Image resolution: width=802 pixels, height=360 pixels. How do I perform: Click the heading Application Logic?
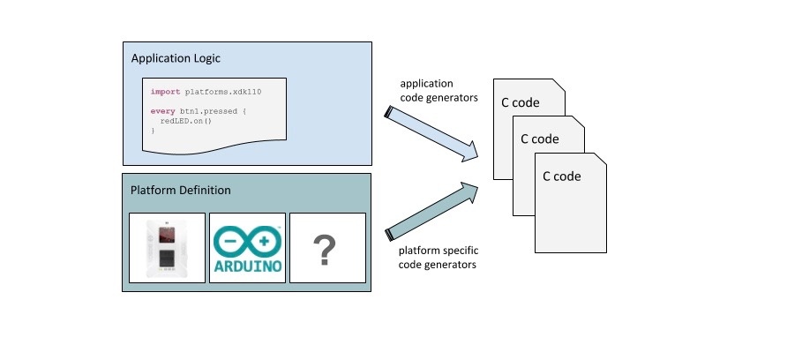[x=176, y=58]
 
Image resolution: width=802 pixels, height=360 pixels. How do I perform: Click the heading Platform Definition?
[x=181, y=191]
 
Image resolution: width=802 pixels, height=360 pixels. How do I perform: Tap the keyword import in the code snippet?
[x=165, y=91]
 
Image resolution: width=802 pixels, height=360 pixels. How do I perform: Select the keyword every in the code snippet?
[x=163, y=111]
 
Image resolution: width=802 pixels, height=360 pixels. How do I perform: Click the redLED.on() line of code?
[x=186, y=120]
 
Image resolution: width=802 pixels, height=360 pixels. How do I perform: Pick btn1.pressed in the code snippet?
[x=206, y=111]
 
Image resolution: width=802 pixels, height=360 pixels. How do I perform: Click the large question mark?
[x=327, y=250]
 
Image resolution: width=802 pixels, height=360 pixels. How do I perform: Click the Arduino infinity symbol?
[x=247, y=239]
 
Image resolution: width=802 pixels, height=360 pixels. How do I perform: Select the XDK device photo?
[x=167, y=248]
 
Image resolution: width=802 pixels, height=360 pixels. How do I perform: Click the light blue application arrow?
[x=431, y=135]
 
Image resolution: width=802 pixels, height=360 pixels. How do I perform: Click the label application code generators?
[x=438, y=91]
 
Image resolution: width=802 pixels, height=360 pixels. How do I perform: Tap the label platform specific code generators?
[x=438, y=258]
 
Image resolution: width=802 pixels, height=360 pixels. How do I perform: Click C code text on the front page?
[x=561, y=176]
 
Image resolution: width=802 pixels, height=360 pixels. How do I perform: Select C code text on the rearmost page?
[x=520, y=102]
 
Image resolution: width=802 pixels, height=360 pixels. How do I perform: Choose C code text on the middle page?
[x=540, y=139]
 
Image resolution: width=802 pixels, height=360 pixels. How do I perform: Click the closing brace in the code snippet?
[x=153, y=130]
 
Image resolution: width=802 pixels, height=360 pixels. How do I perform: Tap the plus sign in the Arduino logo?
[x=262, y=239]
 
